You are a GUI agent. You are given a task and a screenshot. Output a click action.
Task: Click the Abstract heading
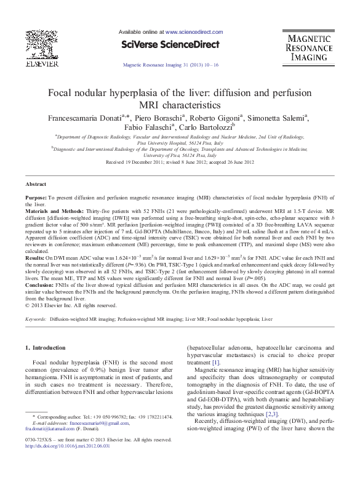click(36, 184)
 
